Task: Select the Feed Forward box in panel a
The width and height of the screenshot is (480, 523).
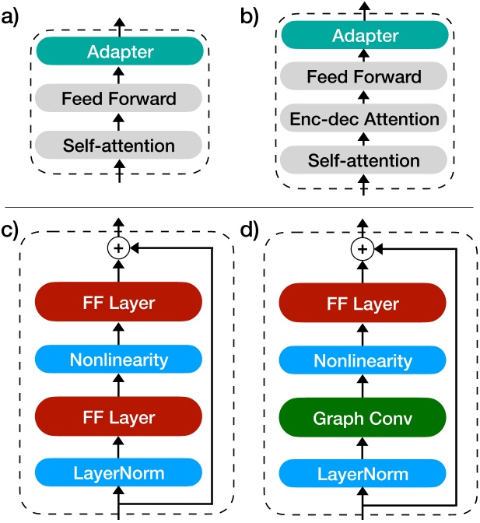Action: (x=120, y=99)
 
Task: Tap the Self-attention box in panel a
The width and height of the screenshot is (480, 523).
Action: (x=120, y=146)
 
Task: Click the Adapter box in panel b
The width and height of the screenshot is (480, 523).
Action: (x=364, y=36)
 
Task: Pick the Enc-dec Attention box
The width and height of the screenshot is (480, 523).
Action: (x=364, y=119)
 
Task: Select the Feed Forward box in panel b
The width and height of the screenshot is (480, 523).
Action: (x=364, y=77)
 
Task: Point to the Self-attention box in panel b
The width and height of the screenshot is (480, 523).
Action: (x=364, y=161)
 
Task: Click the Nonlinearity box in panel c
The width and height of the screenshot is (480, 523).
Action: (x=119, y=360)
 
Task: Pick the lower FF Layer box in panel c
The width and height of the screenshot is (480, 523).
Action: (x=119, y=417)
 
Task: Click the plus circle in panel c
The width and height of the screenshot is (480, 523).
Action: (x=119, y=248)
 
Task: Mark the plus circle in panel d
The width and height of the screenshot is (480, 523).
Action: (x=361, y=248)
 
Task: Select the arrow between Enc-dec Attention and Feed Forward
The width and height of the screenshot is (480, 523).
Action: (x=364, y=98)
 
